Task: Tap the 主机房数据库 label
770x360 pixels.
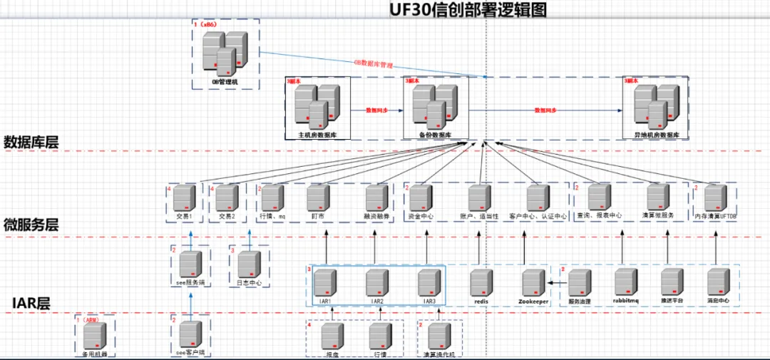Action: pyautogui.click(x=317, y=134)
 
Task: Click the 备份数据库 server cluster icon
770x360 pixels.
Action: pyautogui.click(x=436, y=107)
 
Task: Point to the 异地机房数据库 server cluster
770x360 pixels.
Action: pyautogui.click(x=655, y=107)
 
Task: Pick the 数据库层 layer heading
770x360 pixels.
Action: pyautogui.click(x=31, y=141)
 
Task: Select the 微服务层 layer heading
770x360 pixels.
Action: pyautogui.click(x=31, y=225)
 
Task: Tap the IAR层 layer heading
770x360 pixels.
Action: pyautogui.click(x=31, y=303)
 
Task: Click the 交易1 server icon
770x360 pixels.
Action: pyautogui.click(x=185, y=197)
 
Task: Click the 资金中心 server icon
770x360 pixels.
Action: pyautogui.click(x=421, y=197)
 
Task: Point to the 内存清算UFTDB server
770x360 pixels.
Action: pyautogui.click(x=715, y=197)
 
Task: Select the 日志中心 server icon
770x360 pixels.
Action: pyautogui.click(x=250, y=264)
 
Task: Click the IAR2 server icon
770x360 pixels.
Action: pyautogui.click(x=378, y=282)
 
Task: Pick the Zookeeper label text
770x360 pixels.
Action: pyautogui.click(x=532, y=302)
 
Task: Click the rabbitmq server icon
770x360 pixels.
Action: pyautogui.click(x=626, y=282)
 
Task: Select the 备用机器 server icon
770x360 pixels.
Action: pyautogui.click(x=95, y=335)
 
